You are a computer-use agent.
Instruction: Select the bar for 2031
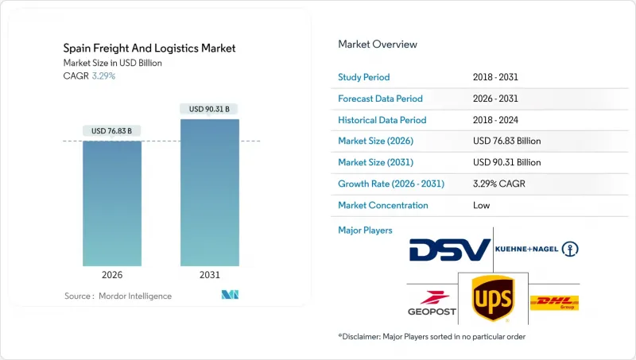coord(210,192)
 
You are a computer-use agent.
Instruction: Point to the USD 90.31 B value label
coord(210,109)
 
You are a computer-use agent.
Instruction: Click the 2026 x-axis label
coord(112,276)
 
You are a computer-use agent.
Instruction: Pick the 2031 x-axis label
coord(210,276)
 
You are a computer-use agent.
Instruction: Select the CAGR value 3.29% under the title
coord(105,75)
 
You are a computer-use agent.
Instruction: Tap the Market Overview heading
coord(378,45)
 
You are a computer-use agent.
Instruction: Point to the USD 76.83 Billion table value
coord(506,141)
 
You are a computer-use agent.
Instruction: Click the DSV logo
coord(449,250)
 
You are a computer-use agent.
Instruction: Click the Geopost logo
coord(432,303)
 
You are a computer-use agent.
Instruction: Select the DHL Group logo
coord(555,303)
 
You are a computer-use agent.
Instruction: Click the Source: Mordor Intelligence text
coord(118,296)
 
